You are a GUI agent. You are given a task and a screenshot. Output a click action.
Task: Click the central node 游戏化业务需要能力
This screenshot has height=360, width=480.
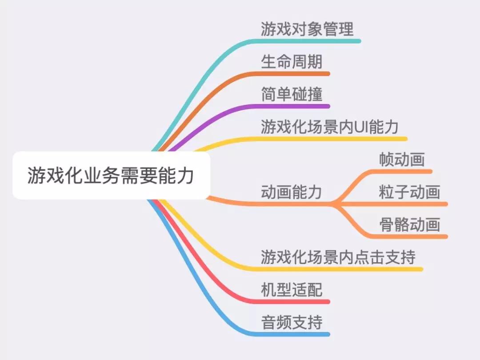(111, 176)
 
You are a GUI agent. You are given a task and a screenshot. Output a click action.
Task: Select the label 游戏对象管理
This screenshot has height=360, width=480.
(307, 29)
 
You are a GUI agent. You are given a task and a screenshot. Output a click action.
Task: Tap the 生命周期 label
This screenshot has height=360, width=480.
(292, 62)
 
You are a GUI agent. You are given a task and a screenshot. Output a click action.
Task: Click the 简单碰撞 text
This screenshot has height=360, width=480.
(292, 94)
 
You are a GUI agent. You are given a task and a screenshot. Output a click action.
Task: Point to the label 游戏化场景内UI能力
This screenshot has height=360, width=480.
(329, 127)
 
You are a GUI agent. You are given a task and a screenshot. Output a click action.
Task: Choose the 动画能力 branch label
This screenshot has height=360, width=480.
(292, 192)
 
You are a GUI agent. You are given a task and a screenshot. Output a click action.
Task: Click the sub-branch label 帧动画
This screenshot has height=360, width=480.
(402, 160)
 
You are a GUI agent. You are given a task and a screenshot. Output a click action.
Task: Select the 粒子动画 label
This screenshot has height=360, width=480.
(409, 192)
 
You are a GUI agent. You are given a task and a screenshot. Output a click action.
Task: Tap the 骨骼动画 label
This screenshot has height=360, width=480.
(409, 225)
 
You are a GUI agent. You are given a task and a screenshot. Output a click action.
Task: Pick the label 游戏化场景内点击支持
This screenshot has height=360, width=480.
(338, 257)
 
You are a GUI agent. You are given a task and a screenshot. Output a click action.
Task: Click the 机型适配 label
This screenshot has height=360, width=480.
(292, 290)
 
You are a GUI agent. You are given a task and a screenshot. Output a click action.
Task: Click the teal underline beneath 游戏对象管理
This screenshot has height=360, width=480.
(311, 41)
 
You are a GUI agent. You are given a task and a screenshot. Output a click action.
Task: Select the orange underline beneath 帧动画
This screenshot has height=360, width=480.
(404, 171)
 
